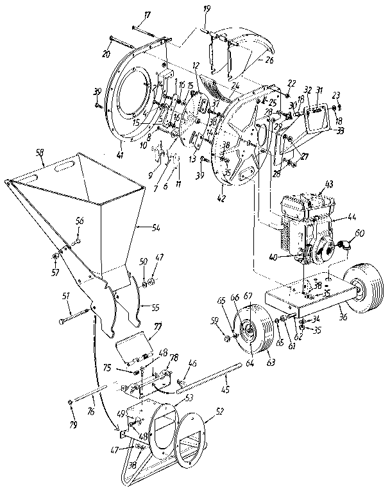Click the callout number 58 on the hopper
pos(40,153)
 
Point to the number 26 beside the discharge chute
pos(268,61)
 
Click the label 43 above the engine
pos(330,185)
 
